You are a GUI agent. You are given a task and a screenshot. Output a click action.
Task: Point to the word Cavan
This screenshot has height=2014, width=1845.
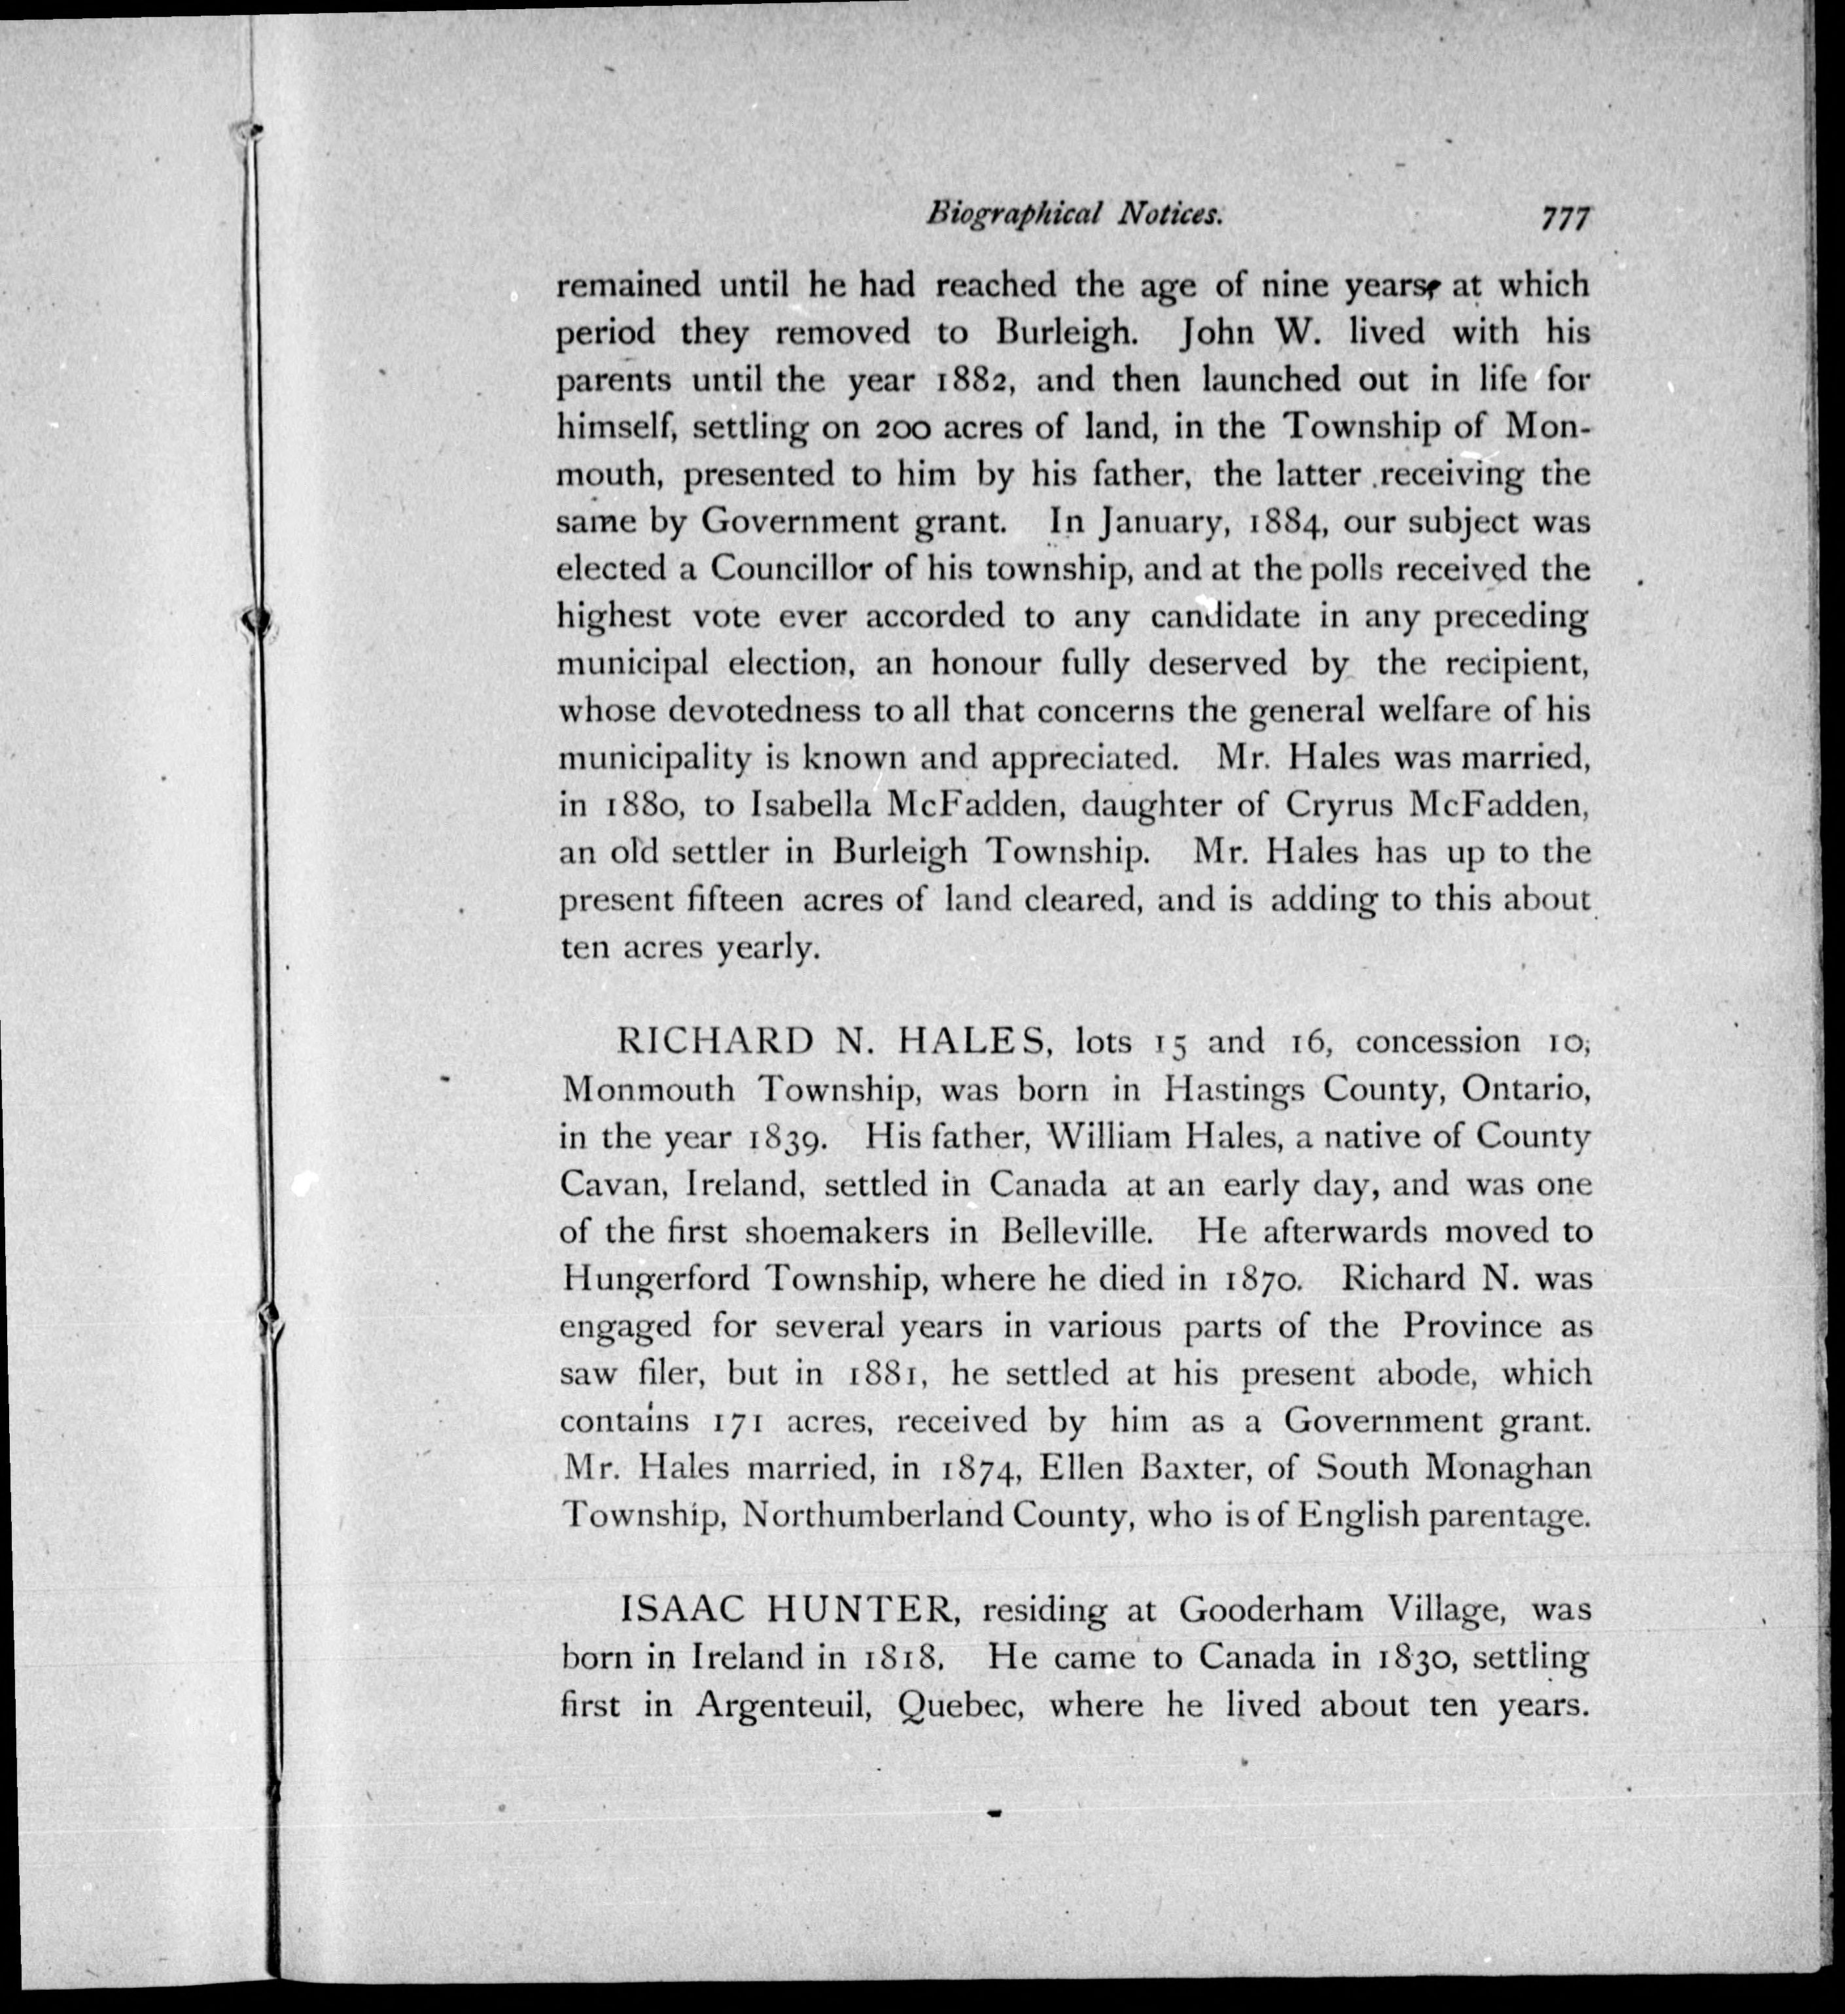[x=612, y=1185]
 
